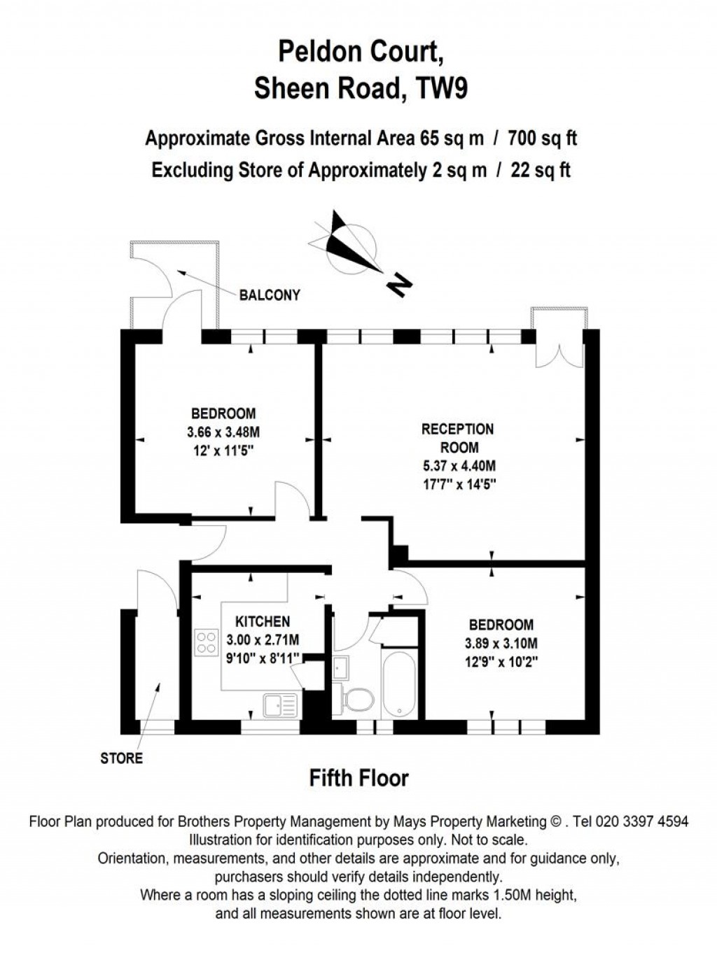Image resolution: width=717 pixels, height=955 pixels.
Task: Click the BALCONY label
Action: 270,295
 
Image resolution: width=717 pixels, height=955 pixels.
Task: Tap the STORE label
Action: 122,758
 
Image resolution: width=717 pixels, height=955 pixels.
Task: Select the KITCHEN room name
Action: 262,621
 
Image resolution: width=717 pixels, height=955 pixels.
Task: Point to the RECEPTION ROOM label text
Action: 458,438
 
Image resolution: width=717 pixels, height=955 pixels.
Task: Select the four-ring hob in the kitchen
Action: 207,642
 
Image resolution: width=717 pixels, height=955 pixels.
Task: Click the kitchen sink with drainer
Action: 280,705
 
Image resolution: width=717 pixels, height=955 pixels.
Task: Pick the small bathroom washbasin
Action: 342,668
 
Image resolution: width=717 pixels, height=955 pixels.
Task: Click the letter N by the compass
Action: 400,285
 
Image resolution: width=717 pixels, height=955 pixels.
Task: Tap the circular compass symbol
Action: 354,248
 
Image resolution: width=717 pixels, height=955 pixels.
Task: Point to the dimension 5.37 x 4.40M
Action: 459,466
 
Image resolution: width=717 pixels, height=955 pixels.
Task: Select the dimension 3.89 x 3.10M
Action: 501,644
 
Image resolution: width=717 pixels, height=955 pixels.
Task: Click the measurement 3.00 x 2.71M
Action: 263,639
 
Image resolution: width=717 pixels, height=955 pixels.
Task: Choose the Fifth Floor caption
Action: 358,778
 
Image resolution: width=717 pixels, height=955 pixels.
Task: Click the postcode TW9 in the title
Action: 441,90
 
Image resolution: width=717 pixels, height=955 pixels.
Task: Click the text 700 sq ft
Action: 543,139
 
